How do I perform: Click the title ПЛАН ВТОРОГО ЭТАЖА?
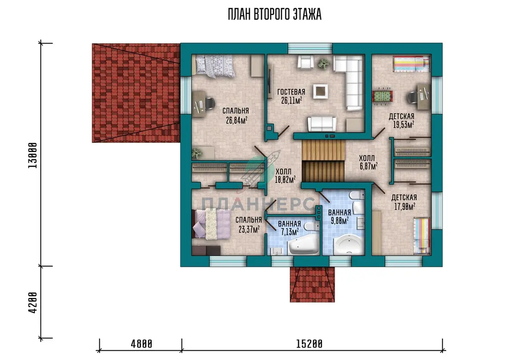tap(275, 14)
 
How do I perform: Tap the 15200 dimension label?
tap(309, 344)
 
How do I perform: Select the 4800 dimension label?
tap(141, 344)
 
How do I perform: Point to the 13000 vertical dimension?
tap(33, 155)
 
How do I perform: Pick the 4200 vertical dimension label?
tap(33, 303)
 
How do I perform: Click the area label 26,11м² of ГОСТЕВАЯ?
tap(292, 100)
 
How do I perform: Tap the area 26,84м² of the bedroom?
tap(237, 120)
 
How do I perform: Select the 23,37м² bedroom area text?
tap(249, 229)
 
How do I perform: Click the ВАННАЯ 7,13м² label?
tap(290, 228)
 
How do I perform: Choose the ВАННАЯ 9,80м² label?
tap(339, 217)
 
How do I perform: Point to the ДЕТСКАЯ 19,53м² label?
tap(402, 121)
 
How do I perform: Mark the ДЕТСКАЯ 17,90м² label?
tap(404, 202)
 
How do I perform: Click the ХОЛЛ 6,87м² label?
tap(368, 162)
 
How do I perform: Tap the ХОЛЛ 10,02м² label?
tap(285, 176)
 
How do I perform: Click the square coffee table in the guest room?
tap(321, 91)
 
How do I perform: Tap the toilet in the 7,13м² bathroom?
tap(311, 227)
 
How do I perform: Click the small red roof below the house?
tap(312, 285)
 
